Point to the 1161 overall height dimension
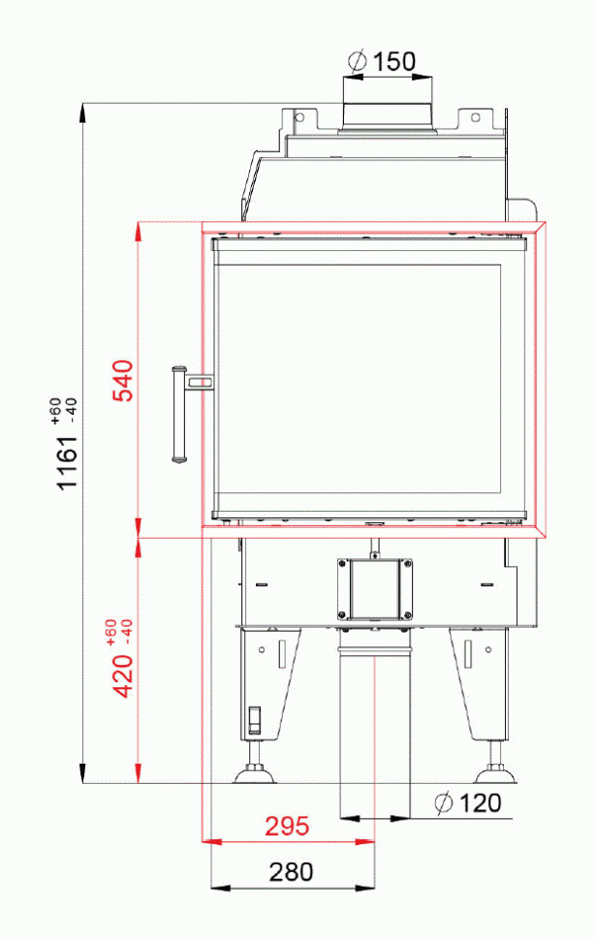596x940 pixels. [x=67, y=458]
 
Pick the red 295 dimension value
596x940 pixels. [x=287, y=826]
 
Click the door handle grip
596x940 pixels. [x=177, y=414]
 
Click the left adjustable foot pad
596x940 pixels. [x=255, y=774]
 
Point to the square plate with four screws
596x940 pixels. [x=375, y=588]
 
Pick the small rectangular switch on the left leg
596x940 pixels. [x=255, y=719]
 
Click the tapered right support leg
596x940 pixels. [x=481, y=683]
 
